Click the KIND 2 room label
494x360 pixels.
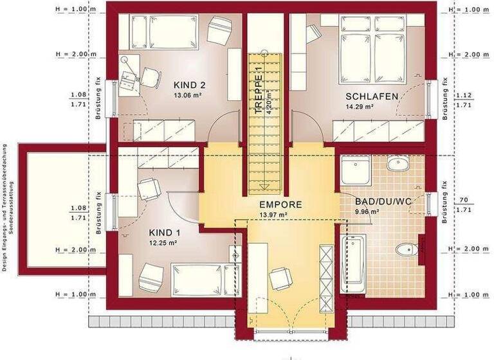click(190, 85)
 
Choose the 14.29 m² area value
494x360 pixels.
click(360, 107)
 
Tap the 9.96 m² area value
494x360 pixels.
click(367, 211)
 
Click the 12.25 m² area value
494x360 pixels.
click(163, 243)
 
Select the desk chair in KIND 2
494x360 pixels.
click(151, 76)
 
